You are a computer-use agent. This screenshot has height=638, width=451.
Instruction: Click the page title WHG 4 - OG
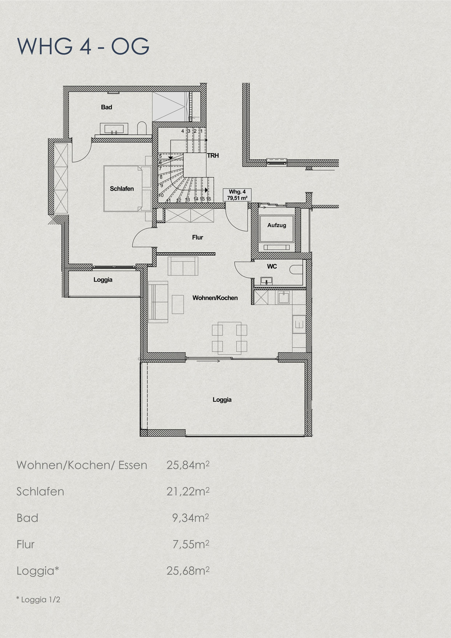pyautogui.click(x=83, y=46)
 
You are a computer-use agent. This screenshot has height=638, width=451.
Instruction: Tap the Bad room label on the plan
pyautogui.click(x=106, y=108)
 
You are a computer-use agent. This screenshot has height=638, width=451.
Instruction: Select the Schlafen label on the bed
pyautogui.click(x=122, y=189)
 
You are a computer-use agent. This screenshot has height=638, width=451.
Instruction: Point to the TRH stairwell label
pyautogui.click(x=213, y=156)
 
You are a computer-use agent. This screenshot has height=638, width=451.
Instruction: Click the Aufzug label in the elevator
pyautogui.click(x=277, y=225)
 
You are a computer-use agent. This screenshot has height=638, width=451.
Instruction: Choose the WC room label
pyautogui.click(x=272, y=266)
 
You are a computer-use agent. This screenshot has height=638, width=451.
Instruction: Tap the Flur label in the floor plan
pyautogui.click(x=198, y=237)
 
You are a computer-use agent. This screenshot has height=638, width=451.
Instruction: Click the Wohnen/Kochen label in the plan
pyautogui.click(x=215, y=298)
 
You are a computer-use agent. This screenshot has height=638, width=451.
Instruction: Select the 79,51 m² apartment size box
pyautogui.click(x=237, y=195)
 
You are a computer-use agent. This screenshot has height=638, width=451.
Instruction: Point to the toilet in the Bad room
pyautogui.click(x=142, y=128)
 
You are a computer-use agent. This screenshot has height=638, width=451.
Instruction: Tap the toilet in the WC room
pyautogui.click(x=298, y=270)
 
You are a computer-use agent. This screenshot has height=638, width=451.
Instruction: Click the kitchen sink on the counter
pyautogui.click(x=283, y=297)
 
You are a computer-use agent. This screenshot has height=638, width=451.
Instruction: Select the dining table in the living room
pyautogui.click(x=230, y=338)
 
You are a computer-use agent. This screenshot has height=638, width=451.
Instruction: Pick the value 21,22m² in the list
pyautogui.click(x=188, y=491)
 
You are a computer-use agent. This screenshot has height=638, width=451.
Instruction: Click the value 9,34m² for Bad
pyautogui.click(x=191, y=518)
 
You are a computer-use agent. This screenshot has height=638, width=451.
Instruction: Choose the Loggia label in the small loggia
pyautogui.click(x=103, y=280)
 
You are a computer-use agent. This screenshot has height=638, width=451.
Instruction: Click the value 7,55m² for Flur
pyautogui.click(x=191, y=544)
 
